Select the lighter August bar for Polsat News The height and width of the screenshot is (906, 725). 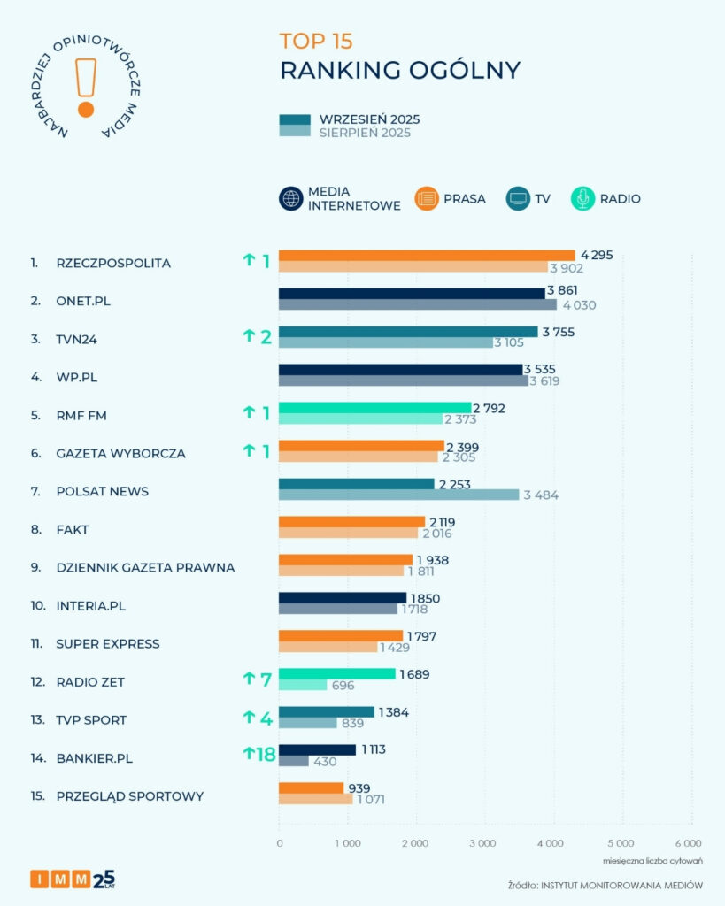(x=398, y=495)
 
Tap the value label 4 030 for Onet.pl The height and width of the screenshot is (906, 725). (x=580, y=305)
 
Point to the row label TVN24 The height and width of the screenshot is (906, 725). (x=77, y=338)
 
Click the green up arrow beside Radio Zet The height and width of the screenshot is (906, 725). (x=250, y=679)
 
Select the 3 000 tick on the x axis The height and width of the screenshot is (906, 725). (x=482, y=843)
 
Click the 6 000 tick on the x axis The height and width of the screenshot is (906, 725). (x=688, y=843)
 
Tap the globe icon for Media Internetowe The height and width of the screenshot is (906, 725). (x=291, y=199)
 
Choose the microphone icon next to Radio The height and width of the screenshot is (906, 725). (x=583, y=199)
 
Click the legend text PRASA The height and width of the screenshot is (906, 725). (x=464, y=199)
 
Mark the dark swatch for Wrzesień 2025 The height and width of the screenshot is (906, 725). (x=295, y=119)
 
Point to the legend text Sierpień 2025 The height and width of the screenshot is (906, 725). (x=365, y=133)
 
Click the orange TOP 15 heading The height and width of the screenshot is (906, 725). (x=316, y=41)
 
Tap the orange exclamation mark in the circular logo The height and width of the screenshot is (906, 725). (x=86, y=88)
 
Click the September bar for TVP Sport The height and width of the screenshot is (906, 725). (x=327, y=712)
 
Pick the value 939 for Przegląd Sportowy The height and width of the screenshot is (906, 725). (x=359, y=788)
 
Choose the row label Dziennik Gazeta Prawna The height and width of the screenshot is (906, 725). (x=145, y=567)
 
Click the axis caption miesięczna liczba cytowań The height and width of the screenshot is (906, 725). (x=652, y=860)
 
